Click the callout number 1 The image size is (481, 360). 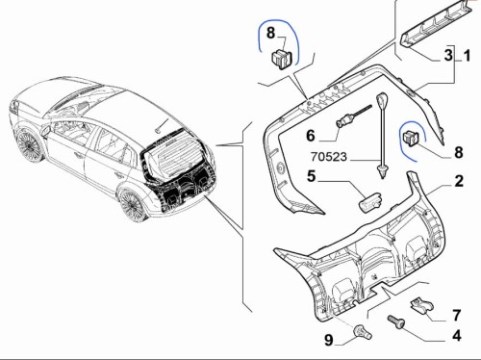tap(468, 56)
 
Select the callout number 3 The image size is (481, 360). tap(448, 55)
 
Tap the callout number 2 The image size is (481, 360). tap(459, 181)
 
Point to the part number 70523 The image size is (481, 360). tap(329, 157)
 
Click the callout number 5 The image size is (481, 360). tap(312, 176)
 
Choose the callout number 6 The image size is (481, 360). tap(311, 136)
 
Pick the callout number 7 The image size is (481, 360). tap(457, 315)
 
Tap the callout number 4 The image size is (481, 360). tap(457, 336)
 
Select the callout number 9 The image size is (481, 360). tap(329, 340)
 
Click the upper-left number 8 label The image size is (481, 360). tap(271, 33)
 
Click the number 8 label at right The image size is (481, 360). tap(459, 152)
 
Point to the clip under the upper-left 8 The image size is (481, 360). tap(282, 59)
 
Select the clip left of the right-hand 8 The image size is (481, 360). tap(411, 138)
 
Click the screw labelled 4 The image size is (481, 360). tap(396, 321)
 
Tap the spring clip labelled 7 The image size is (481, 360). tap(421, 305)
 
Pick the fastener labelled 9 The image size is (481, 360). tap(363, 332)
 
